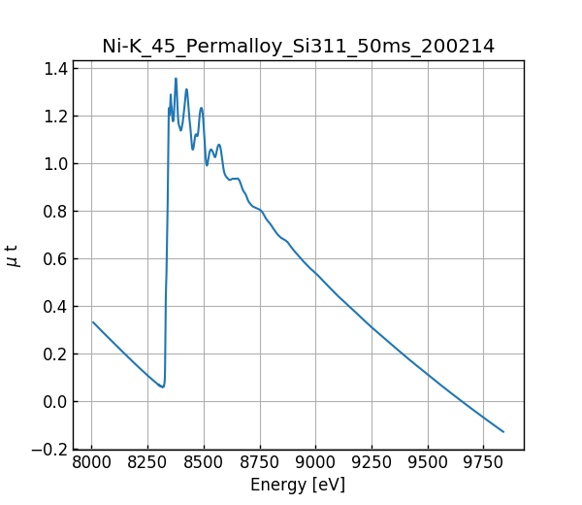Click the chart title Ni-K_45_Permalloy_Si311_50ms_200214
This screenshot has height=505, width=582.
pyautogui.click(x=298, y=46)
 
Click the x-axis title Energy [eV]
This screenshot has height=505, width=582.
pyautogui.click(x=298, y=485)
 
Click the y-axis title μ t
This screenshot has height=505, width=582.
pyautogui.click(x=12, y=255)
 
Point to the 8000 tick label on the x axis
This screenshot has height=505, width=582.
pyautogui.click(x=92, y=461)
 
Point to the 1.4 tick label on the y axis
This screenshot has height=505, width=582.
pyautogui.click(x=55, y=69)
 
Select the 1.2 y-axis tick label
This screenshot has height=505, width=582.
pyautogui.click(x=55, y=117)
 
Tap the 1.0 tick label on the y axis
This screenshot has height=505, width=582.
pyautogui.click(x=55, y=164)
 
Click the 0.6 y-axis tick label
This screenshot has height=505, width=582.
pyautogui.click(x=55, y=259)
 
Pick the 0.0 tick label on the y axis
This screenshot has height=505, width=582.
pyautogui.click(x=55, y=402)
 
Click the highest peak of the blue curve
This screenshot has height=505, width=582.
pyautogui.click(x=176, y=79)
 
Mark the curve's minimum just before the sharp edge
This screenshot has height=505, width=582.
pyautogui.click(x=163, y=387)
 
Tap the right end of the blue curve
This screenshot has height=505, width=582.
pyautogui.click(x=503, y=431)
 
